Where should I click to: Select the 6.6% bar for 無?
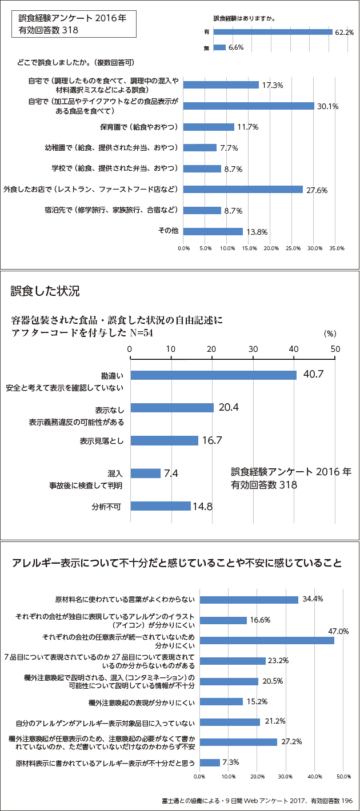click(219, 47)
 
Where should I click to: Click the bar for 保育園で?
click(209, 127)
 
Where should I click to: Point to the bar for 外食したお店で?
click(243, 190)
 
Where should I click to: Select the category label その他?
click(169, 231)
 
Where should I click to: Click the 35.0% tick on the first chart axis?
click(337, 248)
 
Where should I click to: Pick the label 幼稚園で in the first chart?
click(111, 147)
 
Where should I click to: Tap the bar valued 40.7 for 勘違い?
click(214, 375)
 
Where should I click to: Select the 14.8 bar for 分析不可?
click(161, 506)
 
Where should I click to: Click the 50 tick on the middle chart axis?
click(335, 349)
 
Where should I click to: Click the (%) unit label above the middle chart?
click(330, 333)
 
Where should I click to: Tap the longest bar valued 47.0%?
click(267, 640)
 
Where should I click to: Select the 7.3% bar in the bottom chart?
click(210, 762)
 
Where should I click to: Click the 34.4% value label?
click(313, 599)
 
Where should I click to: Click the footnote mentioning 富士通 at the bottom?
click(257, 801)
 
